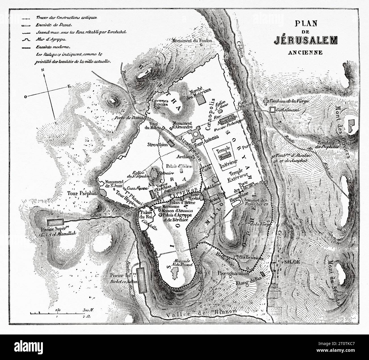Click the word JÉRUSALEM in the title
pyautogui.click(x=305, y=40)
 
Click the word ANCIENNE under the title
pyautogui.click(x=305, y=52)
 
